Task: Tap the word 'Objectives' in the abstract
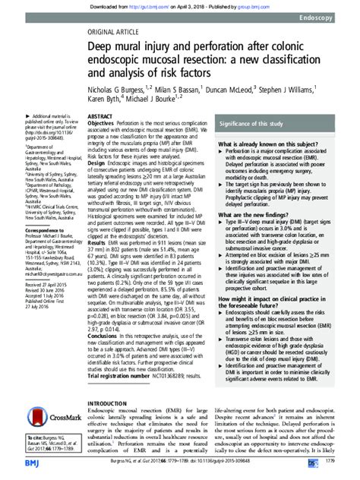(x=104, y=123)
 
